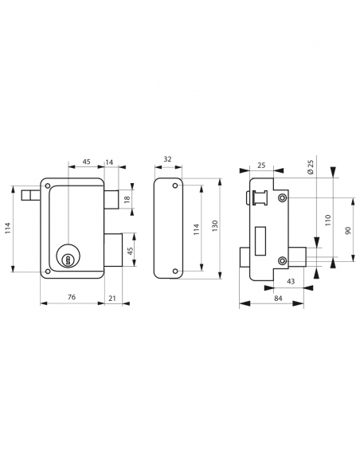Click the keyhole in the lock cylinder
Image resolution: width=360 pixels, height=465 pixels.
pos(68,260)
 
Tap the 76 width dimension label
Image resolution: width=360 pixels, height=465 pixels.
pos(72,297)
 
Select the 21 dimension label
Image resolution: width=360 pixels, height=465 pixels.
pos(112,298)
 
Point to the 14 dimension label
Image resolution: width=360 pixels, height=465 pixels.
pos(109,162)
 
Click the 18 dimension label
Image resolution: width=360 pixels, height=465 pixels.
pos(127,199)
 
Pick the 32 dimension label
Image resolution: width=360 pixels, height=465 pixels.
pos(167,159)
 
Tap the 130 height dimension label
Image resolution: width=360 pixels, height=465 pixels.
pos(215,226)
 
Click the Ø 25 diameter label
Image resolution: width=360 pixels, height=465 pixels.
pos(310,167)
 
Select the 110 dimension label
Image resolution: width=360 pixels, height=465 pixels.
pos(327,221)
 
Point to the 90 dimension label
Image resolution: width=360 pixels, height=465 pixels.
pos(348,230)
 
